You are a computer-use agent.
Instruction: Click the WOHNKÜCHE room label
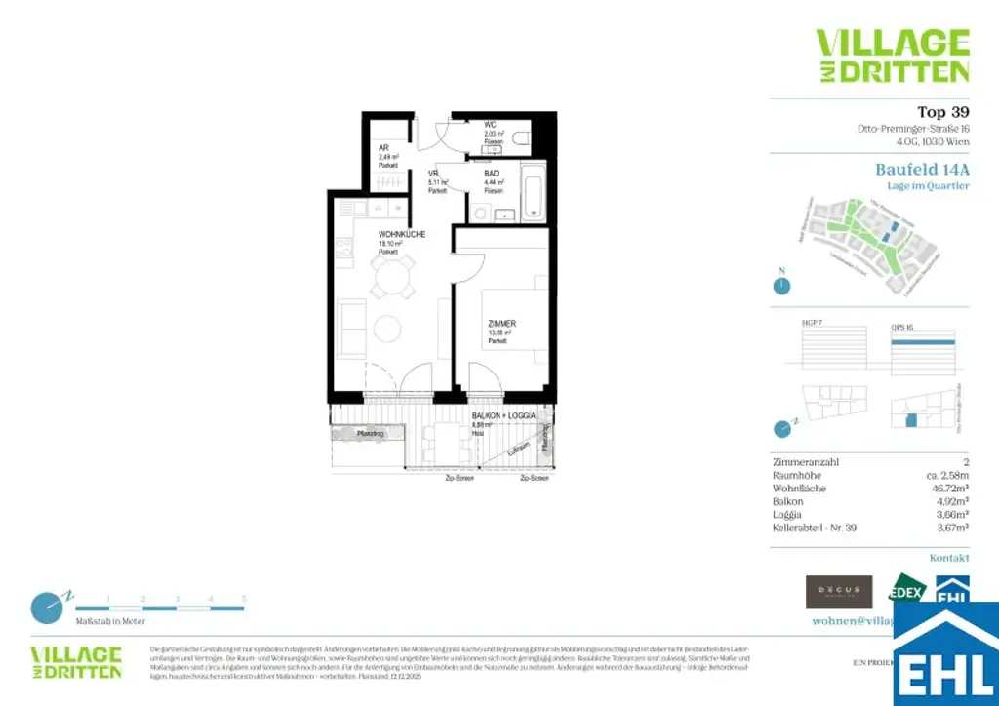(x=402, y=235)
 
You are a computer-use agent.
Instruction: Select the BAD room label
(x=492, y=174)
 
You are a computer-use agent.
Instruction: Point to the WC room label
(x=491, y=125)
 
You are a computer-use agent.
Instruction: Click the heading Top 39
(x=942, y=111)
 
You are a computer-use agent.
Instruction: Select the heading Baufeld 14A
(x=922, y=169)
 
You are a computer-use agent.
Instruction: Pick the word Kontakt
(x=949, y=558)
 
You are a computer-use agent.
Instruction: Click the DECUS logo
(x=838, y=591)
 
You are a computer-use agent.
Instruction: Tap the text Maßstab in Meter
(x=111, y=621)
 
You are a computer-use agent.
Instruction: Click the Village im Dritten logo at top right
(x=892, y=56)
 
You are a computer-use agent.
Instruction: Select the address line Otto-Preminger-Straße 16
(x=913, y=129)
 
